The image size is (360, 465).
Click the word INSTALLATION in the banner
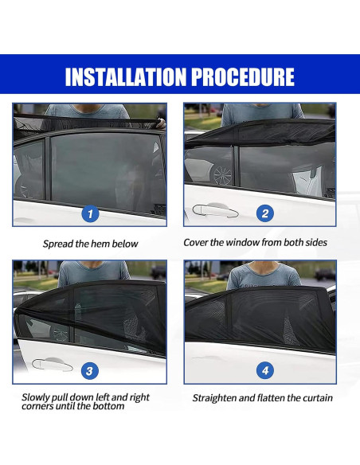[127, 76]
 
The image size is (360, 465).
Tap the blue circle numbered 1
[91, 213]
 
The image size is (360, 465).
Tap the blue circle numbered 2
[265, 213]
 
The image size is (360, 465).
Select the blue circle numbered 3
[91, 370]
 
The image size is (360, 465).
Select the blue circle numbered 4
[265, 370]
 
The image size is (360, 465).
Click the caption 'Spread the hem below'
[90, 244]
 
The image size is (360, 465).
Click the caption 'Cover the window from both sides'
[255, 242]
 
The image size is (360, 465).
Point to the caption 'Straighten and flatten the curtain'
[262, 398]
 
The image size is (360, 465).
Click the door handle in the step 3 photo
[52, 365]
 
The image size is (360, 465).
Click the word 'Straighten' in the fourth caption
[215, 398]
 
